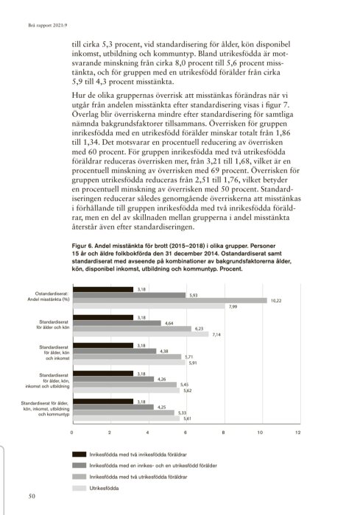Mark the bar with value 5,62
coord(125,391)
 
